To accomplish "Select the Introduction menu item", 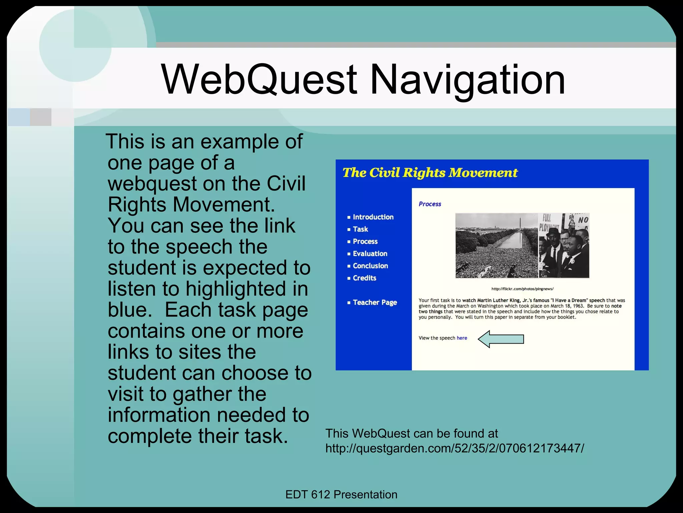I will [x=373, y=217].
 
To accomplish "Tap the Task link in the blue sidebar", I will [x=360, y=229].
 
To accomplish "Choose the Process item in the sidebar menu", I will [x=365, y=241].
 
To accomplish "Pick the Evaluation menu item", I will [x=370, y=254].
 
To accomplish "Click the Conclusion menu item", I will [x=370, y=266].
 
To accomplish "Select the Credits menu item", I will [x=364, y=278].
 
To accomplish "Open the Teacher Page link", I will [x=375, y=303].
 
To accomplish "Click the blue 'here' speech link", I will [x=462, y=338].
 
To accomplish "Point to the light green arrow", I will [x=501, y=339].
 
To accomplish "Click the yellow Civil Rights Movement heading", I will [x=430, y=173].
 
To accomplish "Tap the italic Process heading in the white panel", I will [x=430, y=204].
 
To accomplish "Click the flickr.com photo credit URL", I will [x=522, y=289].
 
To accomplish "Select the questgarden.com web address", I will [x=455, y=448].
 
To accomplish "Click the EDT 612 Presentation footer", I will [x=341, y=495].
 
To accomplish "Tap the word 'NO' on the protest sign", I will [x=583, y=220].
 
